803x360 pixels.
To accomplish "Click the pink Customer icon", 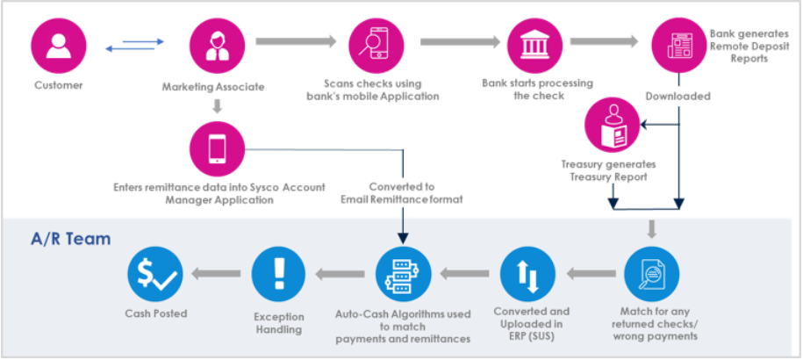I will tap(59, 45).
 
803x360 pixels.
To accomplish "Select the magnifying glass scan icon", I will tap(375, 45).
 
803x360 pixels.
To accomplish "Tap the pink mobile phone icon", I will tap(217, 148).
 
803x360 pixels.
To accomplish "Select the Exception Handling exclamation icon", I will tap(278, 274).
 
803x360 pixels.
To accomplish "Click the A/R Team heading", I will tap(70, 238).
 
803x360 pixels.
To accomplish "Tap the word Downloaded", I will tap(678, 96).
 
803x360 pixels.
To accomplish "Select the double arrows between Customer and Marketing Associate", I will tap(135, 45).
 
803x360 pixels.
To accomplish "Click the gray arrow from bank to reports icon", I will tap(604, 41).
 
